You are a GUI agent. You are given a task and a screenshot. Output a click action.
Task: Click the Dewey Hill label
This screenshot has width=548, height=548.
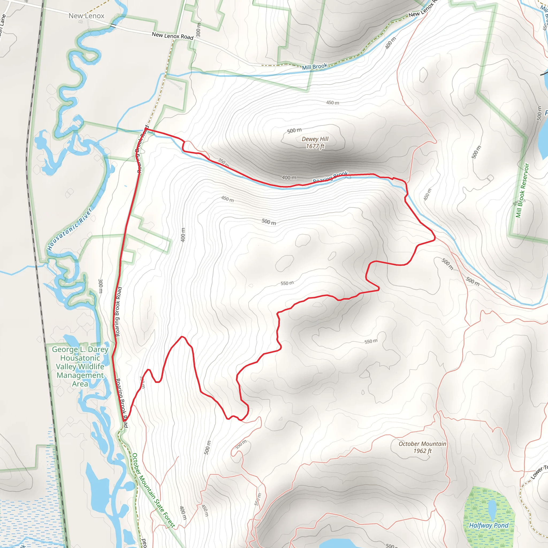coord(315,139)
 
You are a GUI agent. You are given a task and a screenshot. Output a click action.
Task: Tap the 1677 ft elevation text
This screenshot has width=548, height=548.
coord(315,146)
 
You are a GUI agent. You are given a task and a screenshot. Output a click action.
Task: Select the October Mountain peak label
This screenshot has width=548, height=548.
coord(422,444)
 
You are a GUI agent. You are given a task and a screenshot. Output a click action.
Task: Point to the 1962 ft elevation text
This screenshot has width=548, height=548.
coord(422,451)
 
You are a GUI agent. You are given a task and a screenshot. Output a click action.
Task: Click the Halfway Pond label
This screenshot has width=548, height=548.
coord(489,525)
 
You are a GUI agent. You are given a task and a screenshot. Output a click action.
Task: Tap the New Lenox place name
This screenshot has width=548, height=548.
coord(86,16)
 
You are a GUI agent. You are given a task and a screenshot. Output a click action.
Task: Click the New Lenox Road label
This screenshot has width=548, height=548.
coord(173,36)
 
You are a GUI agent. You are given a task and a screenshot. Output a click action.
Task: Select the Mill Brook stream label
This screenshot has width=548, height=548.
coord(315,67)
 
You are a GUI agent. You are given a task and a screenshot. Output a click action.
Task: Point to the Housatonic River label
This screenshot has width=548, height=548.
coord(70,230)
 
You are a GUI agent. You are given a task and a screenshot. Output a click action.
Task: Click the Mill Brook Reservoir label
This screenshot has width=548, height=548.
coord(522,190)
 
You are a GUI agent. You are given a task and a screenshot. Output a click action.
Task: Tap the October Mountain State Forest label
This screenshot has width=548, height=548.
coord(153,490)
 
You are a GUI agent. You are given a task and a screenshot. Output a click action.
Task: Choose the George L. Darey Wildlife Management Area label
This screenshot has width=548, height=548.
coord(80,367)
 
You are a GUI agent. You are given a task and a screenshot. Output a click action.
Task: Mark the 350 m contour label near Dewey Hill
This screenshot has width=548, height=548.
coord(223,162)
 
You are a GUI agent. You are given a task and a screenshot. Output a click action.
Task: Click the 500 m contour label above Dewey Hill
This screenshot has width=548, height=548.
coord(294,131)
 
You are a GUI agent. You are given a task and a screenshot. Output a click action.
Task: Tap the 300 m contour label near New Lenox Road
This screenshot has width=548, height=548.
coord(198,30)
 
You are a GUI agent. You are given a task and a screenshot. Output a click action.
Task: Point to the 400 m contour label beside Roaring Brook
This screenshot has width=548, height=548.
coord(289,178)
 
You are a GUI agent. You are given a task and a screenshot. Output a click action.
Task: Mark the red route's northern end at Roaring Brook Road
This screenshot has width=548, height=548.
coord(146,129)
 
